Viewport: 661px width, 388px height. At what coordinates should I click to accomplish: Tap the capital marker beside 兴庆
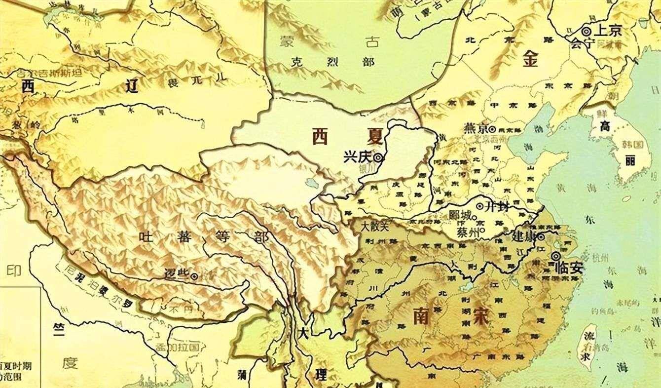point(378,158)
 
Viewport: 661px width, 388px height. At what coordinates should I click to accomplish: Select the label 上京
point(608,30)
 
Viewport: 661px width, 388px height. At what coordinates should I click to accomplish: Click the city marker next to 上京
point(586,31)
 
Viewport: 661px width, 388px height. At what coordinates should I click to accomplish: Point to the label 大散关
point(375,227)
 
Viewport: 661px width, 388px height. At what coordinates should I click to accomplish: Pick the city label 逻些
point(178,276)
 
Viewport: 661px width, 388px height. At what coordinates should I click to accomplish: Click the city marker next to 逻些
point(196,276)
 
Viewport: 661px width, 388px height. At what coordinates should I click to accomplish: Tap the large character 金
point(532,60)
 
